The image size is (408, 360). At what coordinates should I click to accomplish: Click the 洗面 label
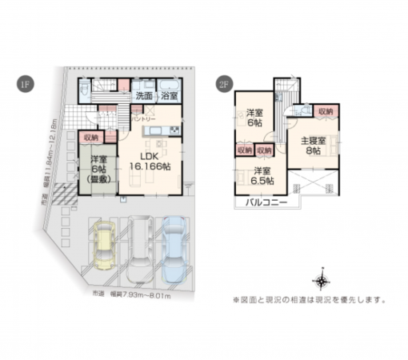click(x=144, y=97)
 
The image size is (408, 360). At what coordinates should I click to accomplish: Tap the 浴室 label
click(x=168, y=97)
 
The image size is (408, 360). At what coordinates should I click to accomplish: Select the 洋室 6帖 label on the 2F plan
click(x=255, y=118)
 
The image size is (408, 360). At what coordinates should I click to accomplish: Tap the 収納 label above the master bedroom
click(x=324, y=111)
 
